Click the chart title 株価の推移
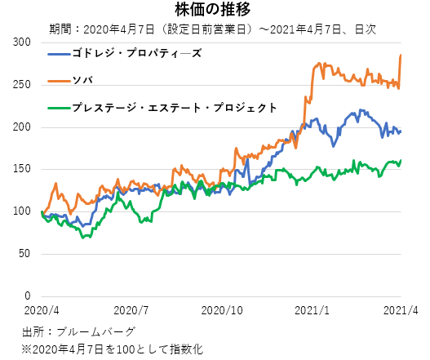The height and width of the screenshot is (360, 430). (215, 10)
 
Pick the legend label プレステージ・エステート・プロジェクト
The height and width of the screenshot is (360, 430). (174, 107)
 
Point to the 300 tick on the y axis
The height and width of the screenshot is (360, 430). (22, 42)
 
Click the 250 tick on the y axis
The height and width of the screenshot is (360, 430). (22, 84)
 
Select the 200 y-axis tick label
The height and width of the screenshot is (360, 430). (22, 127)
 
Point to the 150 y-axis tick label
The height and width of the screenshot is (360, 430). (22, 169)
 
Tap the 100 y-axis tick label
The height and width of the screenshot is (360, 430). (22, 211)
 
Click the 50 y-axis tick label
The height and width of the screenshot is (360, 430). (25, 254)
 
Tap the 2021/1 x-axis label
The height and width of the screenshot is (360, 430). (313, 311)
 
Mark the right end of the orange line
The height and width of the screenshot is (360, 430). (401, 55)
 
